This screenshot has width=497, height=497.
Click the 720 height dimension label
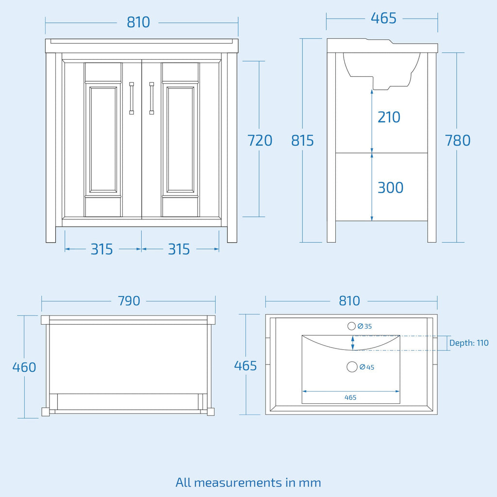(x=260, y=140)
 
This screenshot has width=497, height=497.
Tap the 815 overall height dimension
(x=302, y=140)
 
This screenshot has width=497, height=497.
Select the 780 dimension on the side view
(x=458, y=140)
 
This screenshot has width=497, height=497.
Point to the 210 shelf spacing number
(x=389, y=117)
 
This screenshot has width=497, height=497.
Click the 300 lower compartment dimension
(x=391, y=188)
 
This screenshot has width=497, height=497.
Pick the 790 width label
(x=129, y=301)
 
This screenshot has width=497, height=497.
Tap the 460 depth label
(x=24, y=367)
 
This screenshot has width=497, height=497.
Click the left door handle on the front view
(x=132, y=98)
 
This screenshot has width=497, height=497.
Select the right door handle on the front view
(x=151, y=98)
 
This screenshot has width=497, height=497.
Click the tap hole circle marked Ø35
(x=351, y=326)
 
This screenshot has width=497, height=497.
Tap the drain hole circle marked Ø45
(x=352, y=367)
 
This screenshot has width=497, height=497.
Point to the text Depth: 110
(x=469, y=343)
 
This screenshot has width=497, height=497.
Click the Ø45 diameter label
(x=367, y=367)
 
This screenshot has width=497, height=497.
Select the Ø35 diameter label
(x=364, y=326)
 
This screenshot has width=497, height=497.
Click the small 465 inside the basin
(x=350, y=398)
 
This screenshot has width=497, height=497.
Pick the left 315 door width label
(x=102, y=249)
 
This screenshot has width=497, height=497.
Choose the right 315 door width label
(x=179, y=249)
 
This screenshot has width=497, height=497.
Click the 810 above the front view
(x=138, y=22)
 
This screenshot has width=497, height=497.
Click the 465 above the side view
(x=383, y=18)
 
